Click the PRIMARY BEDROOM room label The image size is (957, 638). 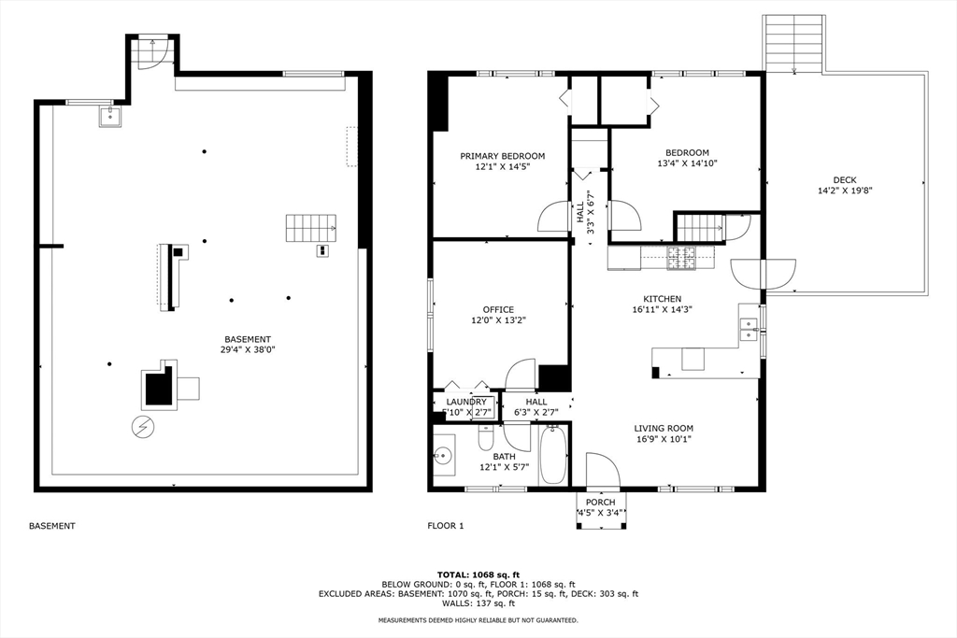502,156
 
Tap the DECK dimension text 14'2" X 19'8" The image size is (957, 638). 845,191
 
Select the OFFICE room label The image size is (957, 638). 498,310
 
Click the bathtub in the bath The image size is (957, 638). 553,455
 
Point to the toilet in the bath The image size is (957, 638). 486,438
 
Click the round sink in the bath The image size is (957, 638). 442,455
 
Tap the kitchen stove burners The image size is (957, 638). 681,258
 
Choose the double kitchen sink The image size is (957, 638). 749,329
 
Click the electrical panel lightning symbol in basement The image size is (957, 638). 143,427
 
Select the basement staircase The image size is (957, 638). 311,228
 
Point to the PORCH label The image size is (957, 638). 601,502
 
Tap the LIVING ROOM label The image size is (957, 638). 664,428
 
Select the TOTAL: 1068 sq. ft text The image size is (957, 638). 478,574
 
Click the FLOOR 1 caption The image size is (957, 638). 446,525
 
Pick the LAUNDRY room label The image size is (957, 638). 466,402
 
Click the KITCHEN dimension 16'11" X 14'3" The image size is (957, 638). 663,309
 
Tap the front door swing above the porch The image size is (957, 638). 602,470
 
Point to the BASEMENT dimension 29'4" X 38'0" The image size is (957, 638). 248,349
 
